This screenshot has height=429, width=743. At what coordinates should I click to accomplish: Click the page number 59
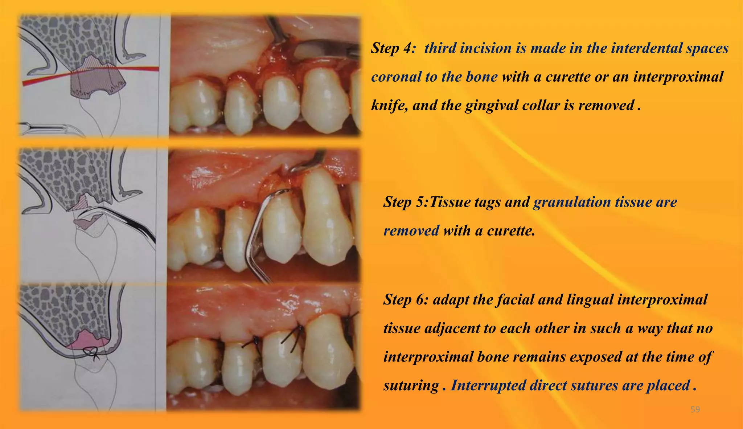click(x=695, y=409)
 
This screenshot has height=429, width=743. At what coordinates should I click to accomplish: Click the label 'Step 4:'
click(x=393, y=48)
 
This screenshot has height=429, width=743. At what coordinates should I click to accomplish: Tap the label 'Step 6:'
click(x=406, y=300)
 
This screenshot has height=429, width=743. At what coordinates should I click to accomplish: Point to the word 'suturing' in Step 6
click(x=411, y=385)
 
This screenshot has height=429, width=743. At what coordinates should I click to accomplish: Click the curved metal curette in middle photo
click(x=254, y=236)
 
